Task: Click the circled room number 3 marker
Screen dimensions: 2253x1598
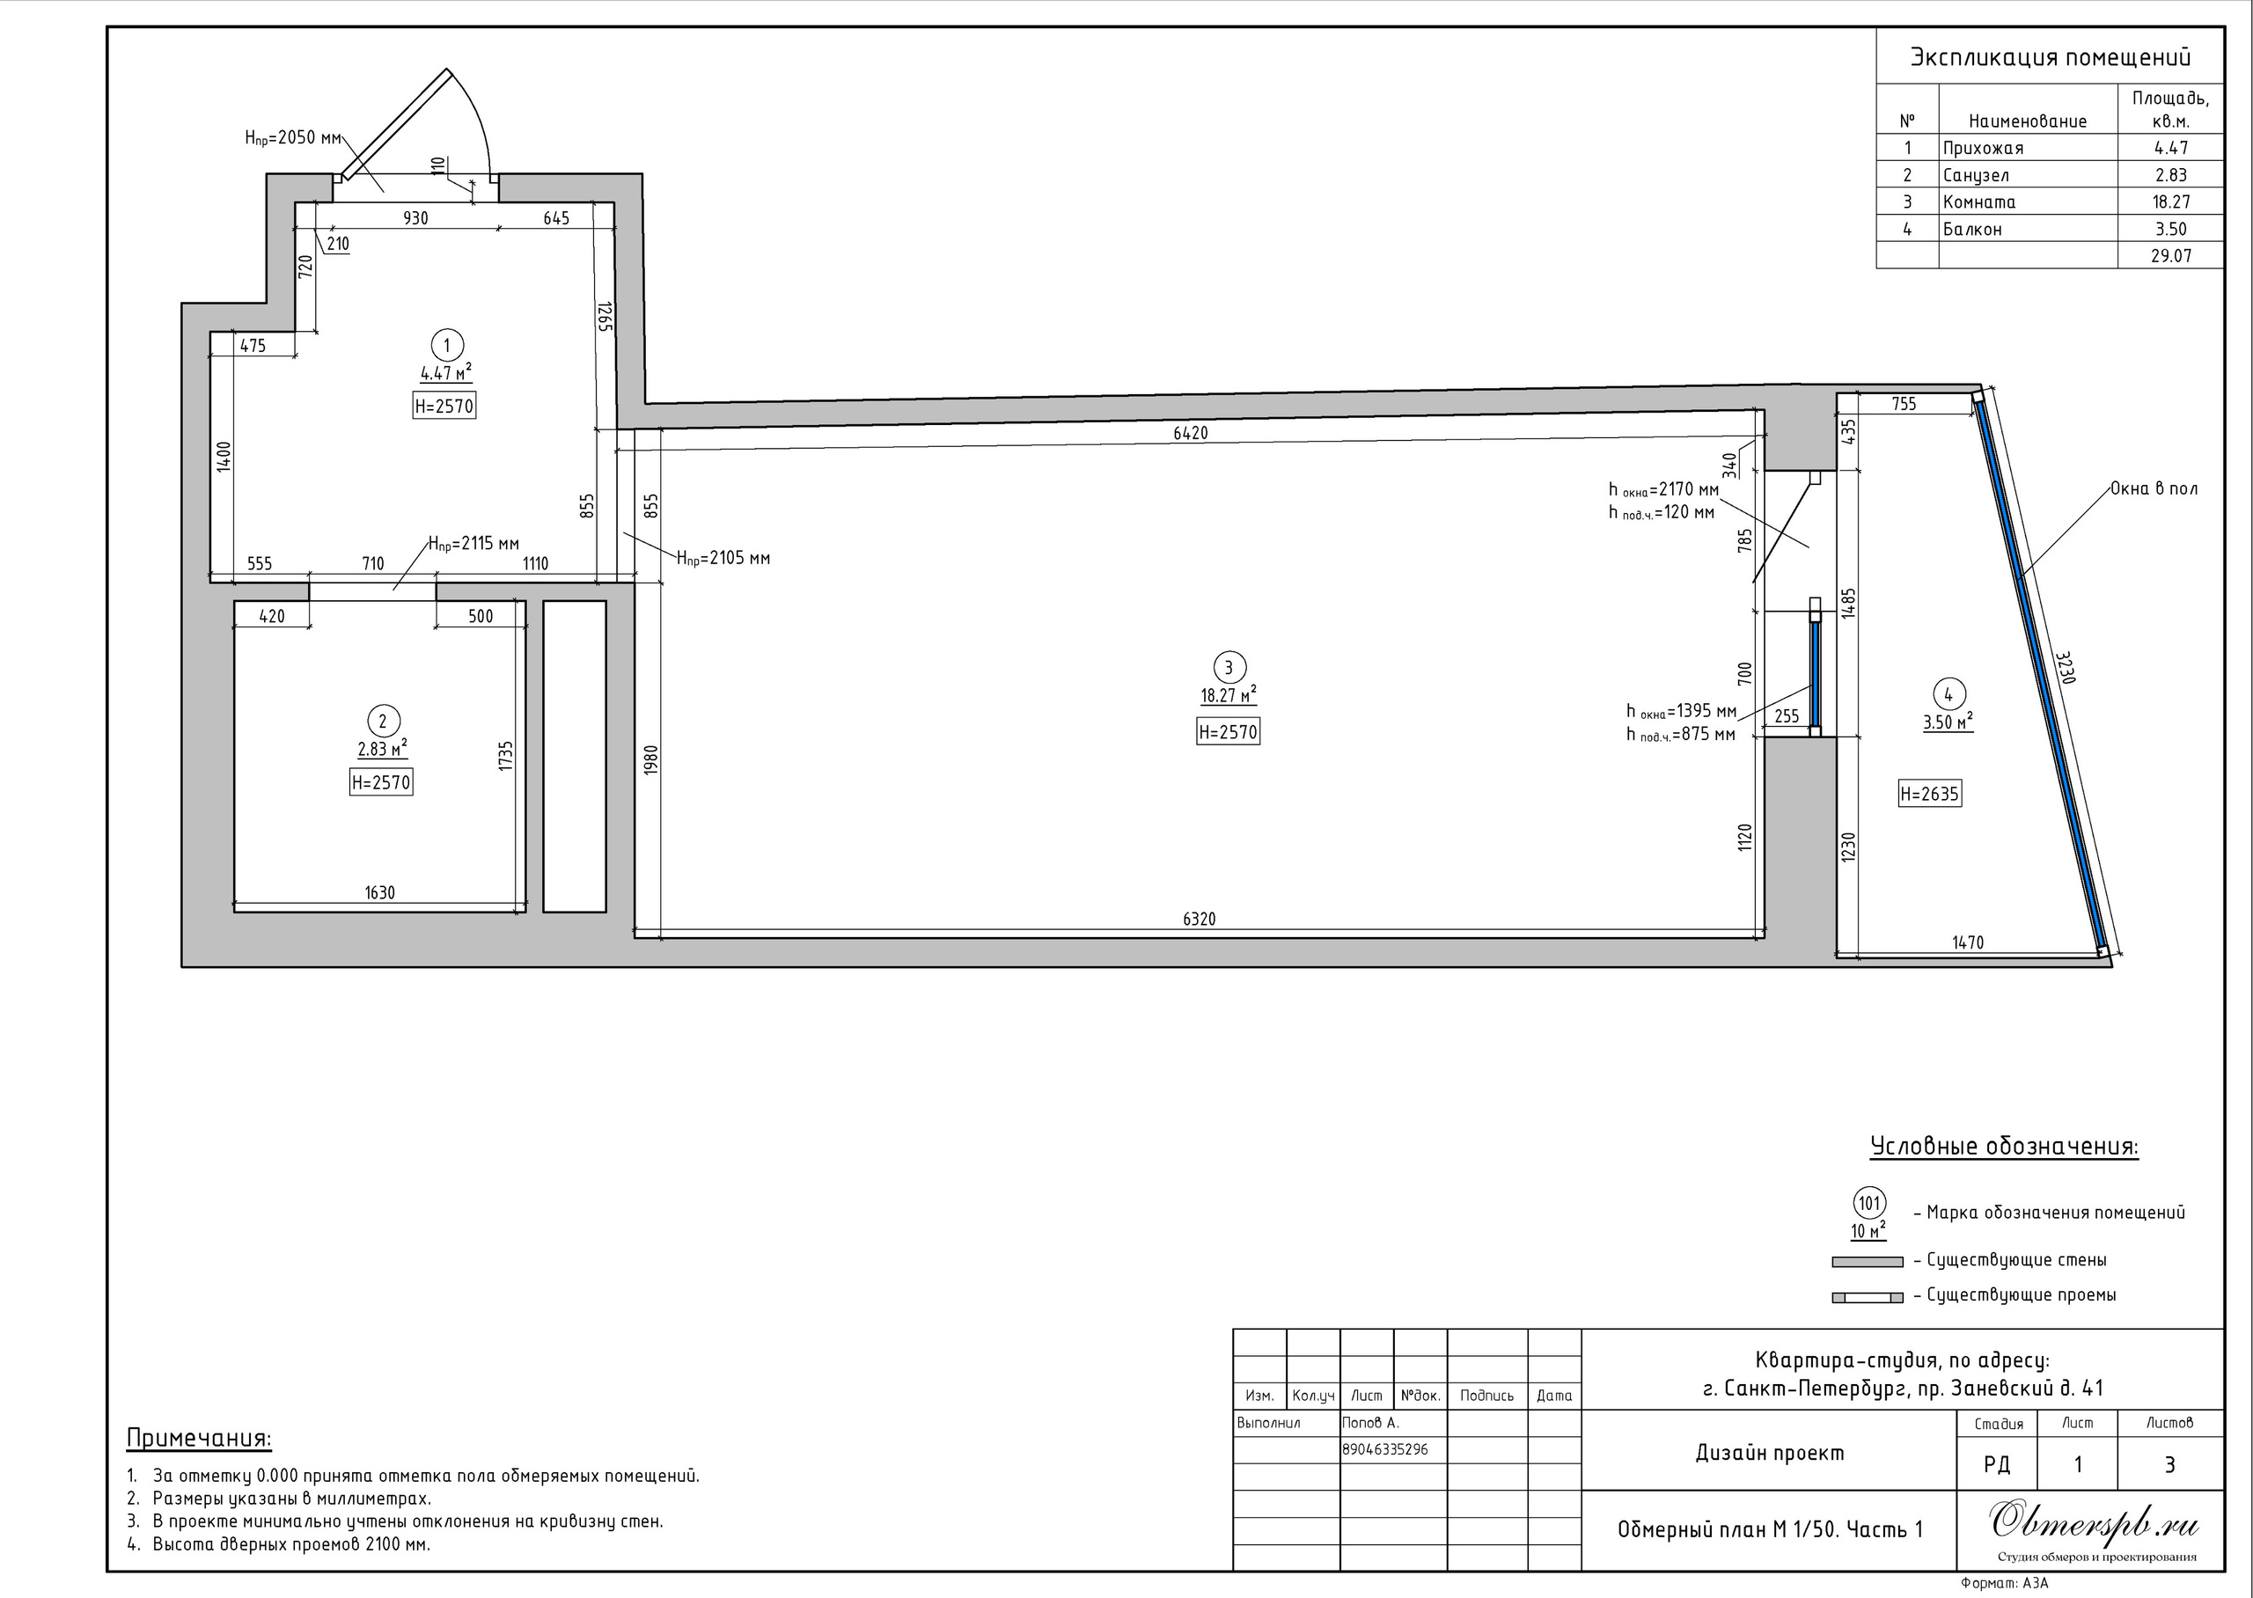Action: pyautogui.click(x=1228, y=668)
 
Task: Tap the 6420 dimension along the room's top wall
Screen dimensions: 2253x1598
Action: pyautogui.click(x=1191, y=433)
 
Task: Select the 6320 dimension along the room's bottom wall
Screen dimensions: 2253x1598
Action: pyautogui.click(x=1200, y=919)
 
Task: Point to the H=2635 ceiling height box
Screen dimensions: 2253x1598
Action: pyautogui.click(x=1929, y=793)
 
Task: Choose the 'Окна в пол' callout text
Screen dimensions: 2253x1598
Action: pyautogui.click(x=2154, y=489)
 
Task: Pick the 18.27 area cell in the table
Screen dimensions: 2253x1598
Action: pyautogui.click(x=2170, y=202)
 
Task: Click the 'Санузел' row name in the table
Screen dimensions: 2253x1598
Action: pyautogui.click(x=1976, y=175)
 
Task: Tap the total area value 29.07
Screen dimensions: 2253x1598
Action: pyautogui.click(x=2170, y=256)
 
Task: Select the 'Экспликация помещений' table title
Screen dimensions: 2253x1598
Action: pyautogui.click(x=2051, y=58)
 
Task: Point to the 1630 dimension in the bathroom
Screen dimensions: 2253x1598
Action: pyautogui.click(x=380, y=892)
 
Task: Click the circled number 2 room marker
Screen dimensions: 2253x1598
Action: pyautogui.click(x=383, y=722)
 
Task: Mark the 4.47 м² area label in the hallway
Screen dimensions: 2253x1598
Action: pyautogui.click(x=445, y=373)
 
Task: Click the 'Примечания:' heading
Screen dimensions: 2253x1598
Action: pyautogui.click(x=199, y=1439)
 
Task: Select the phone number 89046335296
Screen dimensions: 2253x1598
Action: pyautogui.click(x=1385, y=1449)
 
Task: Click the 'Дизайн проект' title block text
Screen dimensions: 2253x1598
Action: pyautogui.click(x=1770, y=1453)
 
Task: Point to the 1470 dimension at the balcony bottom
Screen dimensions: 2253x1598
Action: pyautogui.click(x=1968, y=942)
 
